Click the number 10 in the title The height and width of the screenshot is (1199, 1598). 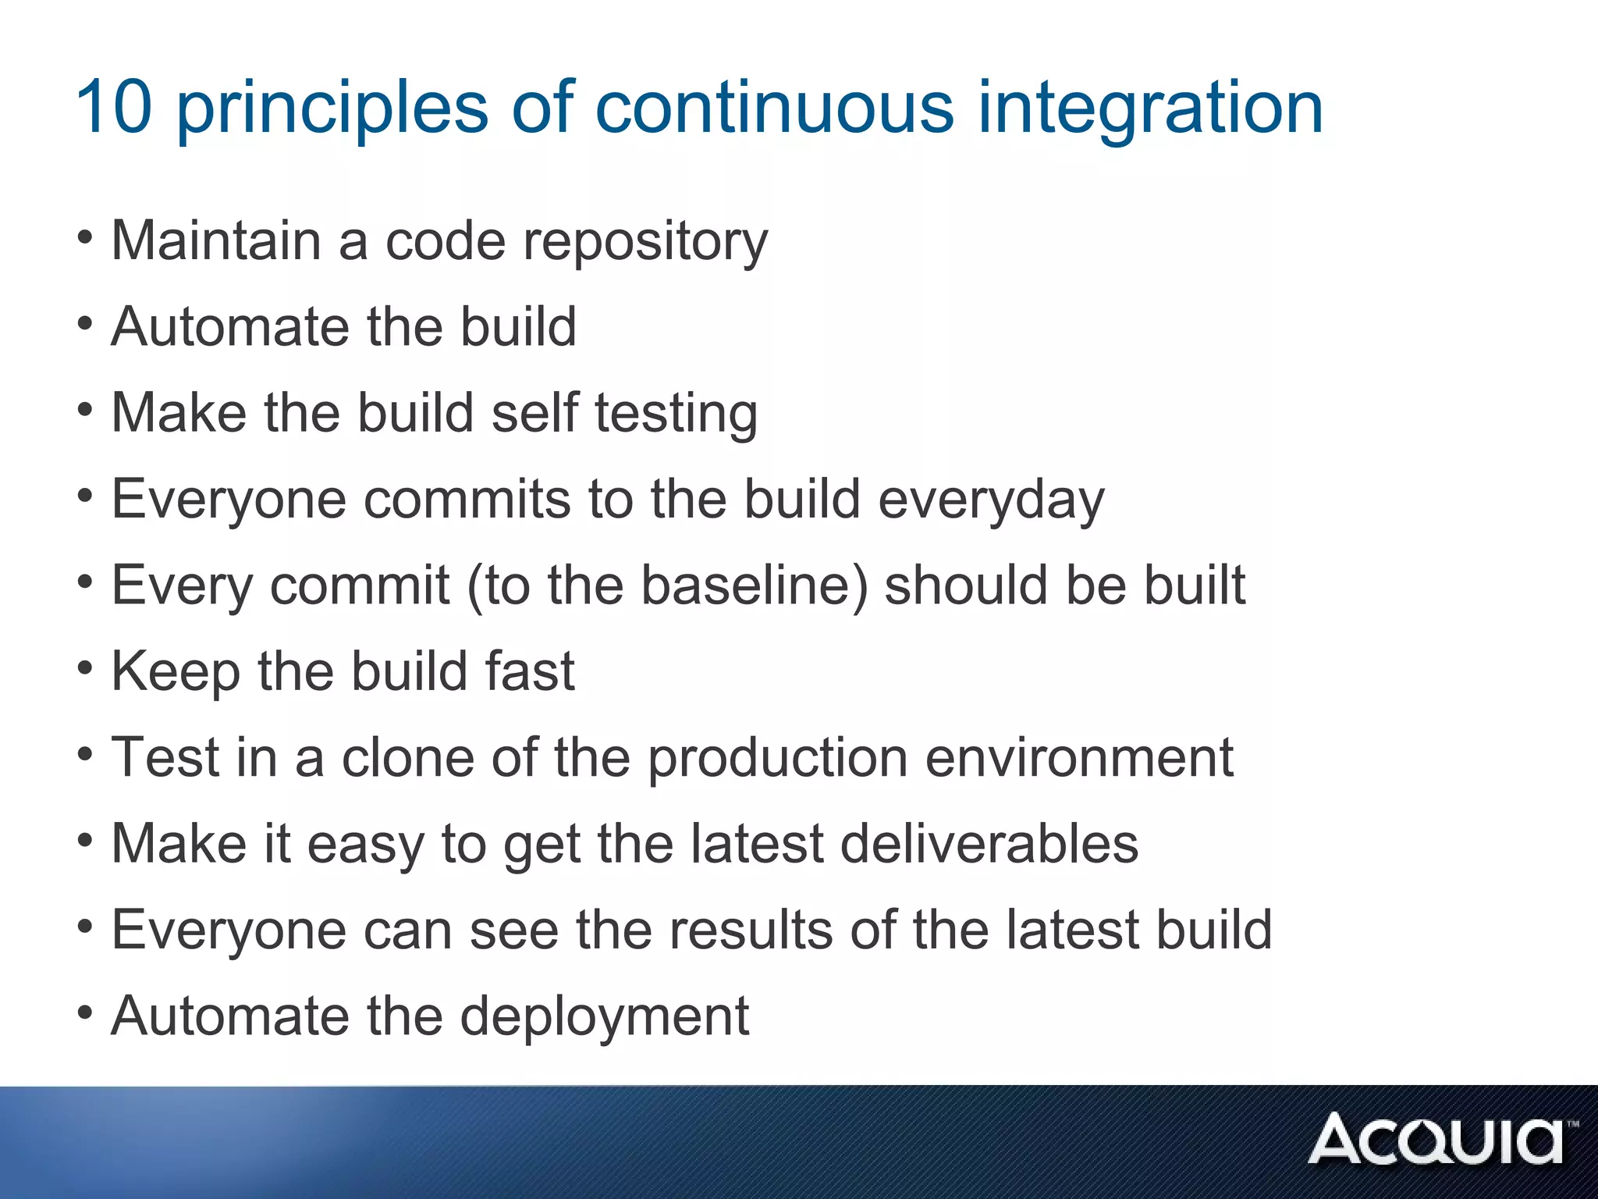114,107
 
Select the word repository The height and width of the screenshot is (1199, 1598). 645,242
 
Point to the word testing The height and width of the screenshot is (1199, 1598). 676,414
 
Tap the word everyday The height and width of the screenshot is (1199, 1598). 992,500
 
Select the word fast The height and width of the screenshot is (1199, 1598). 530,671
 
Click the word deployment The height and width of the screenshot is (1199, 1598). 605,1017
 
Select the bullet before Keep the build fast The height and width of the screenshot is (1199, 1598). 86,668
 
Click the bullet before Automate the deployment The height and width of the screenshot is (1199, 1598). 86,1013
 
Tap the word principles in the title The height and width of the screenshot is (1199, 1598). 332,109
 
